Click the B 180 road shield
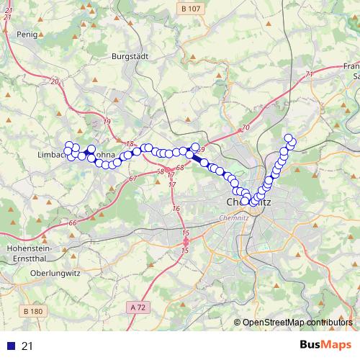click(x=33, y=311)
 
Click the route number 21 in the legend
click(x=27, y=346)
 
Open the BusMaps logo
click(x=325, y=345)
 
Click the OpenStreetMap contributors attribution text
click(x=297, y=322)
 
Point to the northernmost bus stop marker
click(x=289, y=138)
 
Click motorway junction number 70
click(x=245, y=127)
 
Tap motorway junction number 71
click(x=310, y=73)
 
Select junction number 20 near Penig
click(x=54, y=81)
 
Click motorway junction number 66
click(x=73, y=224)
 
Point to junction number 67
click(x=133, y=178)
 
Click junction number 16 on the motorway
click(x=176, y=208)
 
